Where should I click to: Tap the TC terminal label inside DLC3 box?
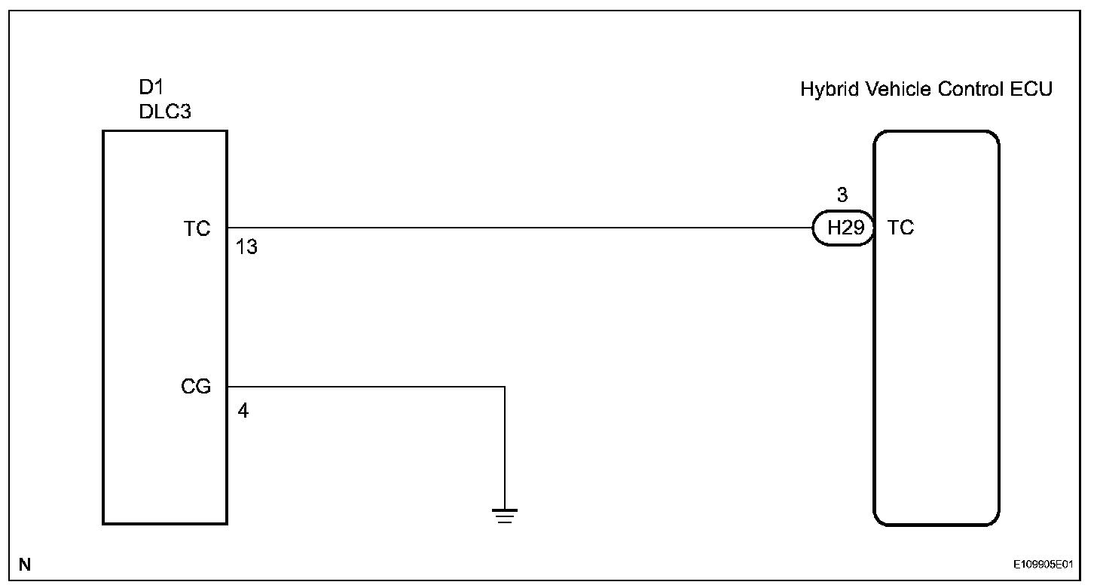(x=197, y=228)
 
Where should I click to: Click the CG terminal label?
(x=196, y=387)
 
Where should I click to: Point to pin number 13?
(x=246, y=247)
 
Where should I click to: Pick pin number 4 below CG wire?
(x=243, y=412)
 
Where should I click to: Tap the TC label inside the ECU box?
(x=900, y=228)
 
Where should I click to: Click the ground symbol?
(x=505, y=516)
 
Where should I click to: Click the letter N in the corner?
(x=25, y=563)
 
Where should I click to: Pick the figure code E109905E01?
(x=1043, y=564)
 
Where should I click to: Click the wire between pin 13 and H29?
(x=520, y=228)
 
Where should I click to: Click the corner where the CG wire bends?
(x=505, y=387)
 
